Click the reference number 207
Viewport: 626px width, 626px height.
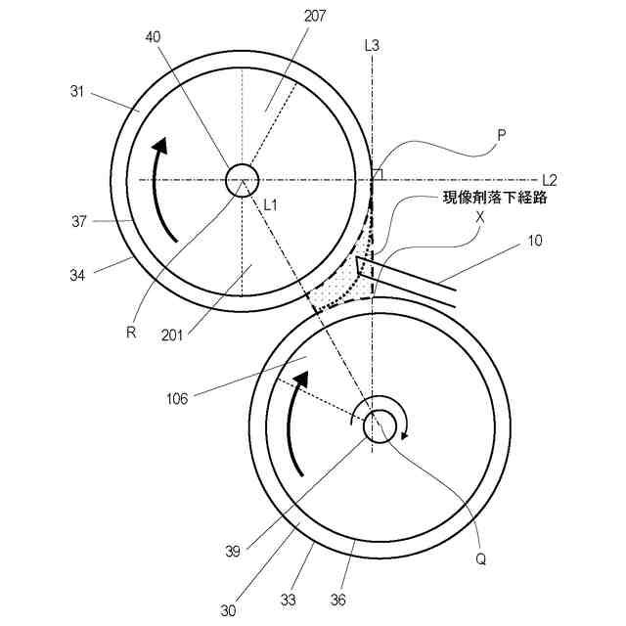coord(315,16)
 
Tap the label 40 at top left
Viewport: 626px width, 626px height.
coord(154,36)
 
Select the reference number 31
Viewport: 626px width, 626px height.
coord(79,92)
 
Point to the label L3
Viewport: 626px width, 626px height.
coord(371,45)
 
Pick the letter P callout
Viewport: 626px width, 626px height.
coord(501,138)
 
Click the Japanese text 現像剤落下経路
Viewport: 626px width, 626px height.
coord(494,199)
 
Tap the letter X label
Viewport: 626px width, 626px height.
coord(479,219)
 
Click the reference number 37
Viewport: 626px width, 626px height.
coord(80,221)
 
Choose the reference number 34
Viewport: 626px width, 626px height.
coord(77,276)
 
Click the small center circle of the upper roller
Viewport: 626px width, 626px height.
coord(241,180)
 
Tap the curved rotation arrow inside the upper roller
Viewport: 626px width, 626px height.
coord(163,191)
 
